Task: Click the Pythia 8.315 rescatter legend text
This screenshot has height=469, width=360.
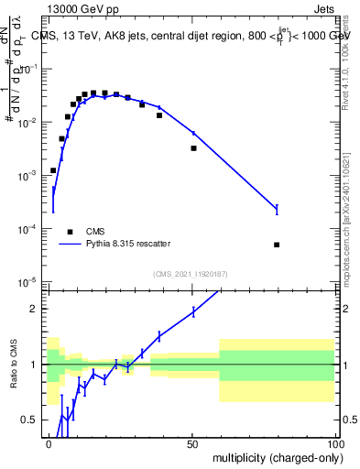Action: pos(127,244)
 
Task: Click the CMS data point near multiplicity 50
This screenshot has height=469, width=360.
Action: pos(193,147)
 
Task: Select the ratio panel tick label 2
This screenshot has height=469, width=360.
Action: pos(35,309)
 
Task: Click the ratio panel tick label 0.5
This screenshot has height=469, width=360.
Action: pos(30,420)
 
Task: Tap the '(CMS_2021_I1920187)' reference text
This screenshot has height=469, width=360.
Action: pos(192,272)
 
